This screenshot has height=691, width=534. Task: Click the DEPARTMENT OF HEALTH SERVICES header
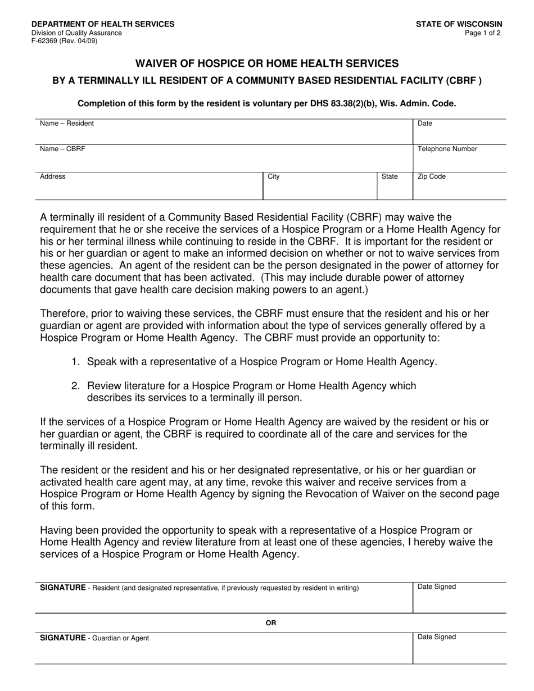103,24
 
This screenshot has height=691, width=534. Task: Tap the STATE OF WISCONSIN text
459,24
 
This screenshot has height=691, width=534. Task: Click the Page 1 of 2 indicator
483,33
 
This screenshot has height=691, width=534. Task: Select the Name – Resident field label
67,124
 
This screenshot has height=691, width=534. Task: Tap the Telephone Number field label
447,149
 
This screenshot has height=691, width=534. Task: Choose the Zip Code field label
432,176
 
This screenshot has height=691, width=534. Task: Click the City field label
274,176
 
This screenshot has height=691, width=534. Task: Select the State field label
390,176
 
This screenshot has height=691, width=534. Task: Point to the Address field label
53,176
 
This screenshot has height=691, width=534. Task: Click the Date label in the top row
425,124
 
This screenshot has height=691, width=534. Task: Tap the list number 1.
75,362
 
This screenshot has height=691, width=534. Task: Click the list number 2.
75,386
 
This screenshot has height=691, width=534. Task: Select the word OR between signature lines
271,623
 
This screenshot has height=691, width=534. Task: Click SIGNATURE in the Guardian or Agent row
62,638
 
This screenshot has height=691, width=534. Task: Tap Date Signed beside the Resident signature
437,587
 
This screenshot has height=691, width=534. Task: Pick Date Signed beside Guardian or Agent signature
437,637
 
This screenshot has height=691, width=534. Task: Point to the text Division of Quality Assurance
76,33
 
